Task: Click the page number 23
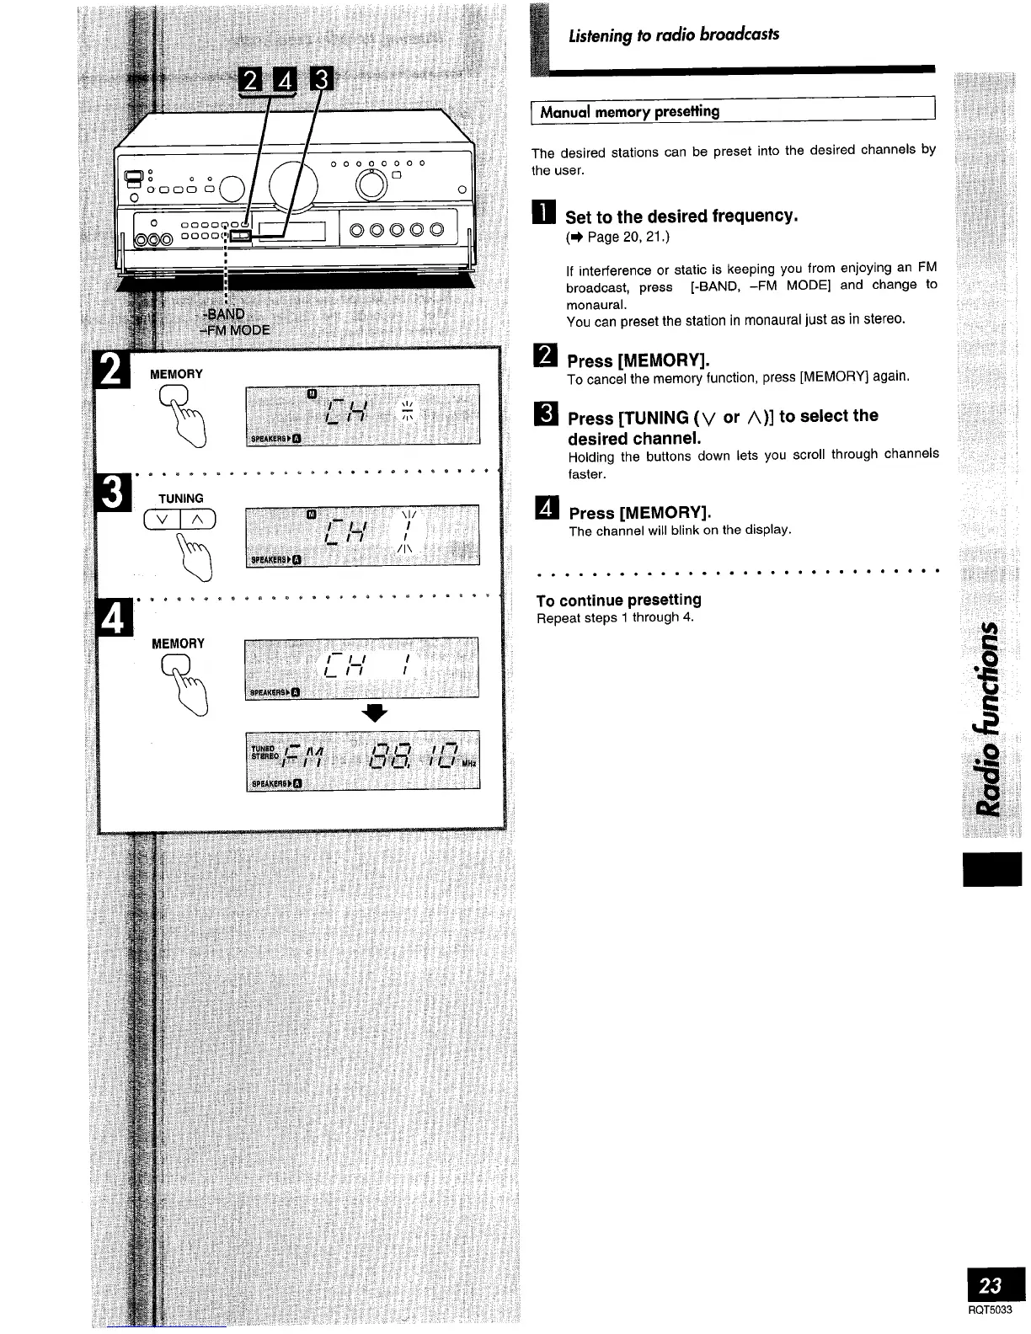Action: pos(991,1284)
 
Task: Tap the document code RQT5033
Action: pos(990,1310)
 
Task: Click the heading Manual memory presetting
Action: pos(629,111)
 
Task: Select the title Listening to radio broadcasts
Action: pos(673,35)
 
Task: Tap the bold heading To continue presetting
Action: pos(618,600)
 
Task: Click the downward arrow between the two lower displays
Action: pos(374,712)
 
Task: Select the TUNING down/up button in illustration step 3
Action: pos(180,520)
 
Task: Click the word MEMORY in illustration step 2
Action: pos(176,374)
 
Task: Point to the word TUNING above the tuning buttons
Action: pos(180,499)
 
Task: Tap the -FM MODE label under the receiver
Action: pos(234,330)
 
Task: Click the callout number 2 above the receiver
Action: pos(251,81)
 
